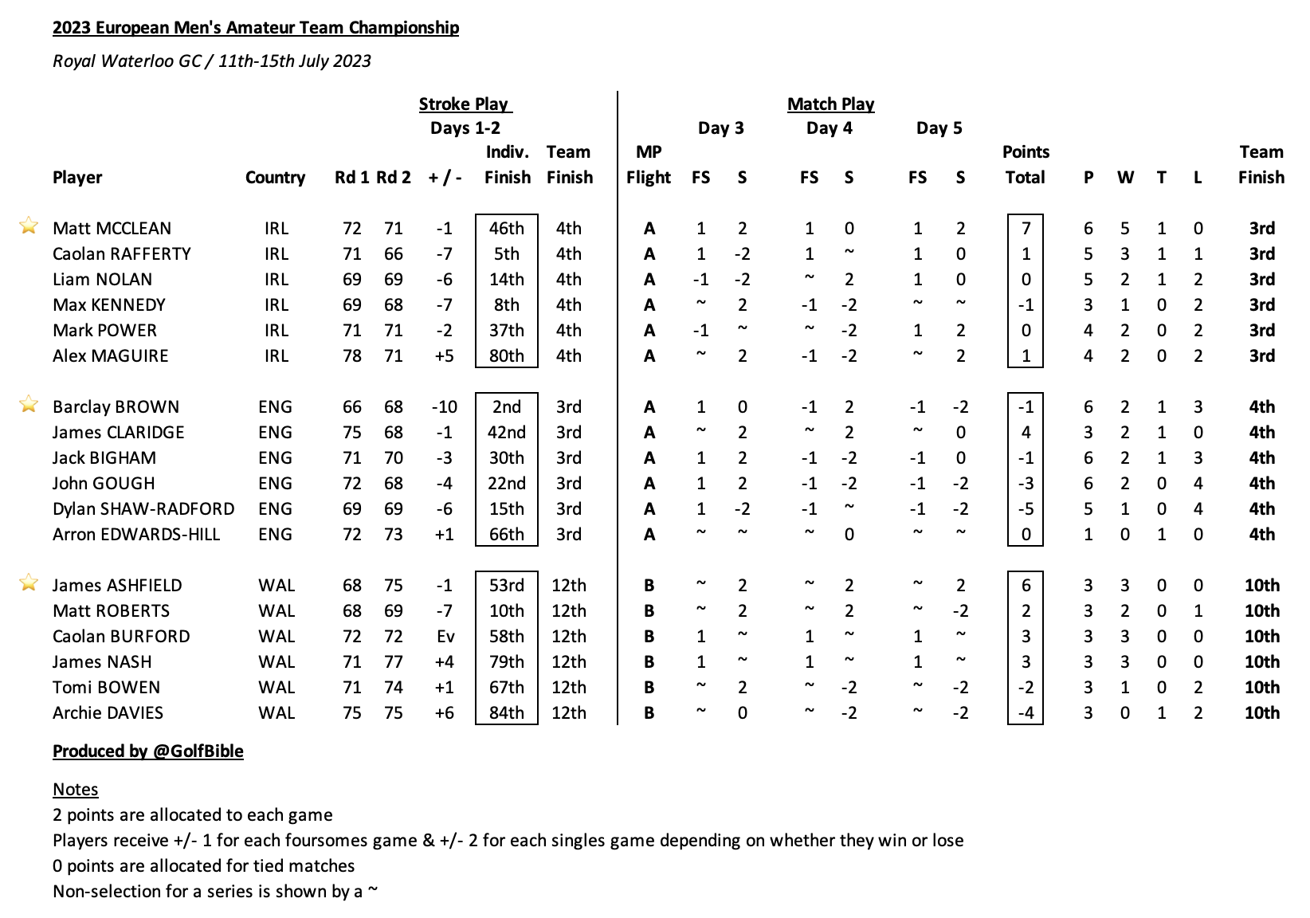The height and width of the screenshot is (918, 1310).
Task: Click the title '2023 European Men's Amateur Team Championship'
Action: pyautogui.click(x=256, y=28)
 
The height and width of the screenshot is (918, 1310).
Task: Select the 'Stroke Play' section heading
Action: pyautogui.click(x=465, y=104)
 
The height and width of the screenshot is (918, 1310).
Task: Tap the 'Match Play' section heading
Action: pyautogui.click(x=830, y=104)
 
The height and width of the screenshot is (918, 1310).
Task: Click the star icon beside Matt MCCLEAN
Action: pyautogui.click(x=29, y=226)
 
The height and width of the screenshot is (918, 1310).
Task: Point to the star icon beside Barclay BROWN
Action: pyautogui.click(x=29, y=405)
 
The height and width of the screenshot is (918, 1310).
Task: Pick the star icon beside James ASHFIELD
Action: pyautogui.click(x=29, y=583)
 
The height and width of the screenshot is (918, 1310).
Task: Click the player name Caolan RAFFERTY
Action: pyautogui.click(x=122, y=254)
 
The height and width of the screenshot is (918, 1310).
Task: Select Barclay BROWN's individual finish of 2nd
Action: pyautogui.click(x=507, y=407)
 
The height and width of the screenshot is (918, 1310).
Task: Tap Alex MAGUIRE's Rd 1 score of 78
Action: pyautogui.click(x=351, y=356)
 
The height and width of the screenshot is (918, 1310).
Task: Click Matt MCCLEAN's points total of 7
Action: pyautogui.click(x=1026, y=229)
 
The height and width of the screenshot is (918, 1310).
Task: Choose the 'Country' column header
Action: pyautogui.click(x=275, y=178)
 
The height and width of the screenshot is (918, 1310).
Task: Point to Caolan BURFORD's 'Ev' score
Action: pyautogui.click(x=445, y=637)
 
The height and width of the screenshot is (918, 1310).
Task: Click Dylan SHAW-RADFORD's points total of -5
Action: pyautogui.click(x=1026, y=509)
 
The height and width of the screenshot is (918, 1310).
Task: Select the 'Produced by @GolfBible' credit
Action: pyautogui.click(x=148, y=751)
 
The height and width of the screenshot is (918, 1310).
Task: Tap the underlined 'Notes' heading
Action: pyautogui.click(x=76, y=790)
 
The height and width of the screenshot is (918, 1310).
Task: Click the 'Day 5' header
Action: pyautogui.click(x=939, y=128)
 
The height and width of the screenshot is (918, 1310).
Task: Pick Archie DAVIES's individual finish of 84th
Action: pyautogui.click(x=507, y=713)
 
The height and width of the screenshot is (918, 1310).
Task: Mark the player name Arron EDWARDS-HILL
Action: pyautogui.click(x=136, y=535)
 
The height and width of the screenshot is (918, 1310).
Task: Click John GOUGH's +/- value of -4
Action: pyautogui.click(x=445, y=484)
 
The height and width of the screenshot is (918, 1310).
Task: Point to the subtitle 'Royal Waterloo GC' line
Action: pyautogui.click(x=212, y=61)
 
